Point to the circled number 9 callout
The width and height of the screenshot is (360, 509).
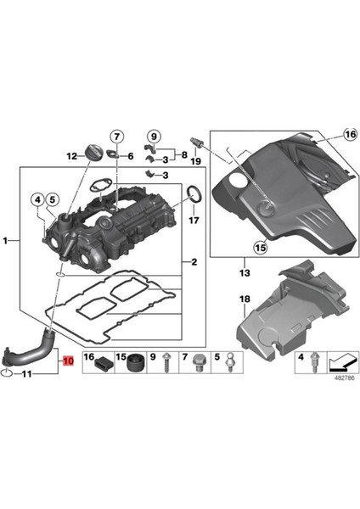(x=153, y=136)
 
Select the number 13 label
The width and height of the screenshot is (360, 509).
(x=245, y=275)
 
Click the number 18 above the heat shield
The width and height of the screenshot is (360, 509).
(x=245, y=299)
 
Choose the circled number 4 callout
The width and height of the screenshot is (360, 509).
(x=37, y=200)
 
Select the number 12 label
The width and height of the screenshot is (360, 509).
(x=73, y=155)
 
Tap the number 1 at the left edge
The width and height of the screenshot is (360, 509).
(x=7, y=242)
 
